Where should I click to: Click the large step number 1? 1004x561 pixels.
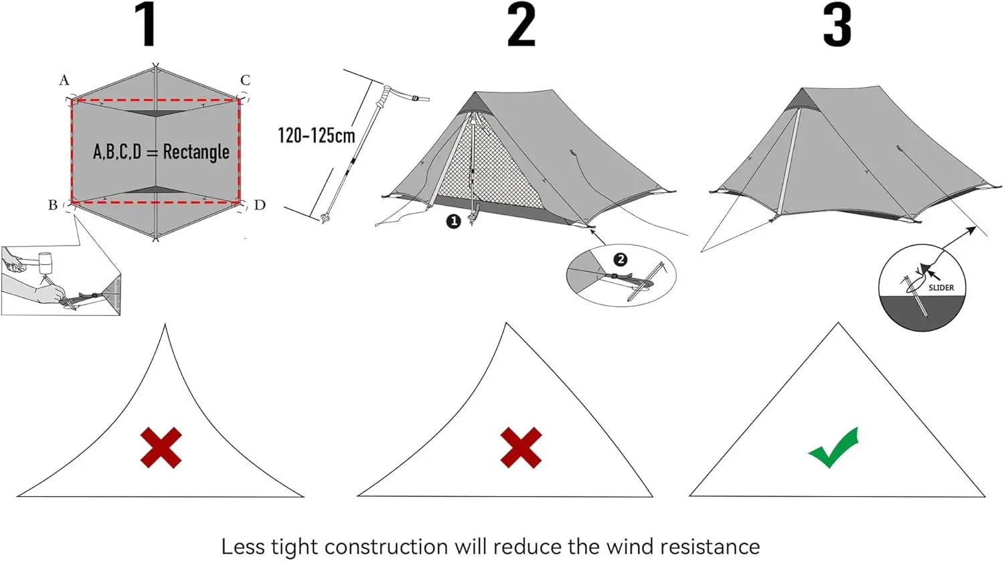point(147,25)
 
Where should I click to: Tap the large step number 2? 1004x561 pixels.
point(521,25)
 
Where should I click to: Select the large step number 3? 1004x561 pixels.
point(837,25)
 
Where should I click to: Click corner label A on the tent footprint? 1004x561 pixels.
point(64,80)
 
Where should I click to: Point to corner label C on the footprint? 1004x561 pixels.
point(245,80)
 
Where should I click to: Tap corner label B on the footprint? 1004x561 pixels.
point(53,205)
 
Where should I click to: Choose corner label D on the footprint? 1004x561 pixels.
point(260,205)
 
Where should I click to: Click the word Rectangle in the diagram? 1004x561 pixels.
point(196,152)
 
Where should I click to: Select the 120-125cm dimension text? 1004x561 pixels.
point(316,135)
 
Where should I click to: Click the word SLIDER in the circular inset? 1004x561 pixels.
point(941,288)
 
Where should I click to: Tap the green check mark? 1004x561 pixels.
point(833,448)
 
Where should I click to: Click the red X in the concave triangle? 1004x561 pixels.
point(161,447)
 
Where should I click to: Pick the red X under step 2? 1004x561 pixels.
point(521,447)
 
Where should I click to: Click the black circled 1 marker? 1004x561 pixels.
point(454,221)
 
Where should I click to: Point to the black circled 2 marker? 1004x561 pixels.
point(620,259)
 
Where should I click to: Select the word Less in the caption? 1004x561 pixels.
point(244,546)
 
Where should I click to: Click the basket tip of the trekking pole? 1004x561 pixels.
point(326,218)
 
